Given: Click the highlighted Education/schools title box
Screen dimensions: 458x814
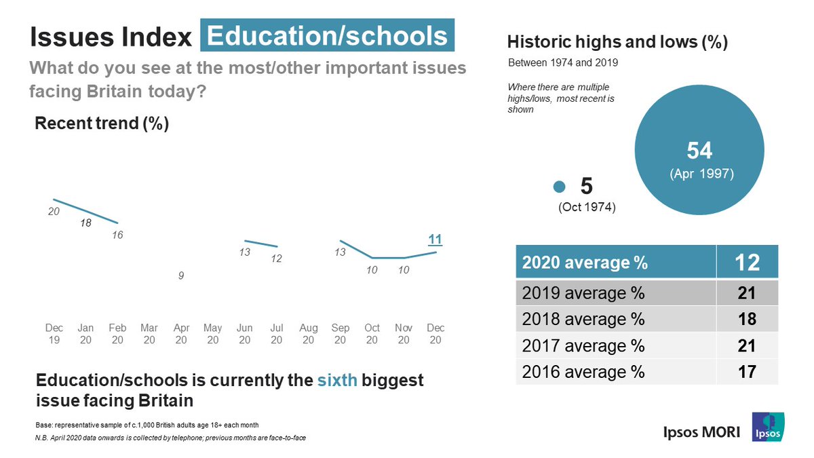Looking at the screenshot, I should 327,36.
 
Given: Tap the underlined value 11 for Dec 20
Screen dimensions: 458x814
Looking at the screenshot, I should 435,239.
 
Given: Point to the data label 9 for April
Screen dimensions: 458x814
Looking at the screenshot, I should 181,276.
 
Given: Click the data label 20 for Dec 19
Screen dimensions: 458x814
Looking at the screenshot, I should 54,212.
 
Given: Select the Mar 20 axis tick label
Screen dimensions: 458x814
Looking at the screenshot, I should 149,334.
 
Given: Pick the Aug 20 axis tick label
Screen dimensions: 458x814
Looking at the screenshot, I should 309,334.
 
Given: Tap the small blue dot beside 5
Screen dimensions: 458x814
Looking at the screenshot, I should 560,187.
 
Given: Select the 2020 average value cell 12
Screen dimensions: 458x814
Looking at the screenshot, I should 747,261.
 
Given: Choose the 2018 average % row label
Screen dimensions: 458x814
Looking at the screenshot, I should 583,320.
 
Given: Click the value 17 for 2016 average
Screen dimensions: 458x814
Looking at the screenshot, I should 747,372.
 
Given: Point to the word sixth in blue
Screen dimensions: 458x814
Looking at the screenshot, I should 337,380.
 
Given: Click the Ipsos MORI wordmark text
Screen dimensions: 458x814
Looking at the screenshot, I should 701,432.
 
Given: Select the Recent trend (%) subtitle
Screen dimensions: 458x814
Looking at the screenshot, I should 102,123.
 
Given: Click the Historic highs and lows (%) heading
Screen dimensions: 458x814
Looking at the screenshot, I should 617,42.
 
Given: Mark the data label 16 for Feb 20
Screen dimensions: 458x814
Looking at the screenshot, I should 117,235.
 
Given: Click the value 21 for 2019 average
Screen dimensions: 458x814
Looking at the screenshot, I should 747,294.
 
